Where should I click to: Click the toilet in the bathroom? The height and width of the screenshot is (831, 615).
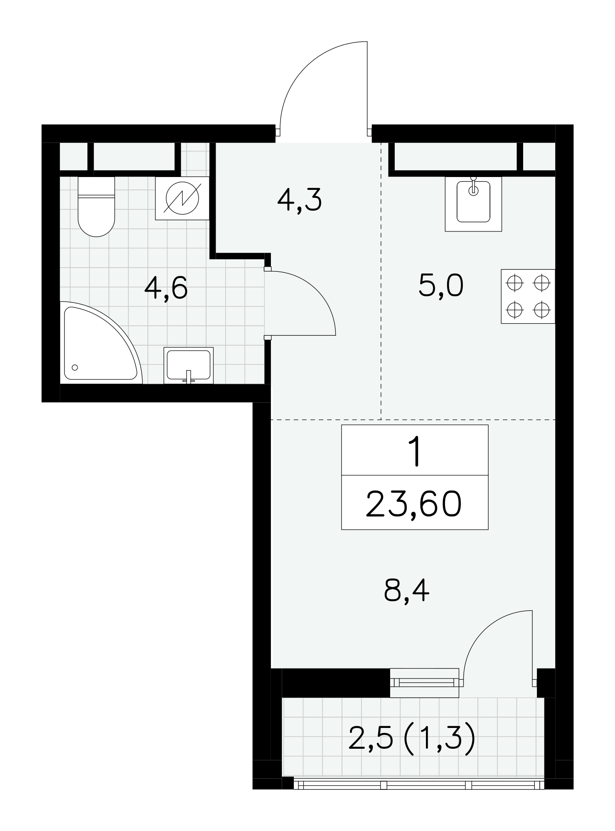[x=96, y=207]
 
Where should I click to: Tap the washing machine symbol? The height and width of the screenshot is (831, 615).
[x=182, y=198]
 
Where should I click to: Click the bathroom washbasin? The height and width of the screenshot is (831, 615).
[x=188, y=365]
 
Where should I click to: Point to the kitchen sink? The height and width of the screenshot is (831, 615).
[x=473, y=204]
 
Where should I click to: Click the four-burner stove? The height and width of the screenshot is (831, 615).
[x=528, y=296]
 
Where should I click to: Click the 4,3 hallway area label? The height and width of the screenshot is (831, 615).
[x=300, y=200]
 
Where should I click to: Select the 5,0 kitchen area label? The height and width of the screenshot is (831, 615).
[x=441, y=286]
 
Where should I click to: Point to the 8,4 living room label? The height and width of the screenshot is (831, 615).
[x=406, y=591]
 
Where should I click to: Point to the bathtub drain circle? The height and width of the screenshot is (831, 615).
[x=75, y=367]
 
